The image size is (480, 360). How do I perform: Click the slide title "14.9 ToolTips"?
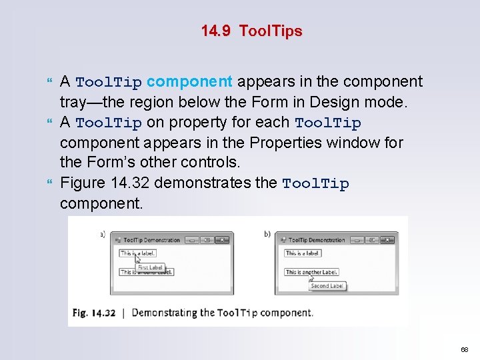click(x=251, y=31)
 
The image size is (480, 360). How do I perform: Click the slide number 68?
click(x=464, y=349)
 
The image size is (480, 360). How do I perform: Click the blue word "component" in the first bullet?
click(x=189, y=82)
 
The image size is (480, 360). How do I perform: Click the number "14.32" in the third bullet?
click(x=127, y=183)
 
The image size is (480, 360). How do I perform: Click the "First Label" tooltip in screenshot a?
click(x=150, y=267)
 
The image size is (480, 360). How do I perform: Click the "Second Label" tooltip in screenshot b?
click(x=327, y=286)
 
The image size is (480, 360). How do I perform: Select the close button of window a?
click(x=223, y=240)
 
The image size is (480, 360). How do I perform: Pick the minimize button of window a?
click(x=191, y=240)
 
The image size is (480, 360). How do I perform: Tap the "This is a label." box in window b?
click(x=303, y=253)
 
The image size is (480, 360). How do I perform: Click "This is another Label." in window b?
click(x=311, y=272)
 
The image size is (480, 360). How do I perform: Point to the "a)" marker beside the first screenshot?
click(x=103, y=234)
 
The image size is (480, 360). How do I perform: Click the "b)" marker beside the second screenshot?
click(x=267, y=234)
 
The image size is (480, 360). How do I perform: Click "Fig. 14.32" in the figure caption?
click(x=94, y=313)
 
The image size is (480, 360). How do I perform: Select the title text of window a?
click(x=152, y=240)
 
